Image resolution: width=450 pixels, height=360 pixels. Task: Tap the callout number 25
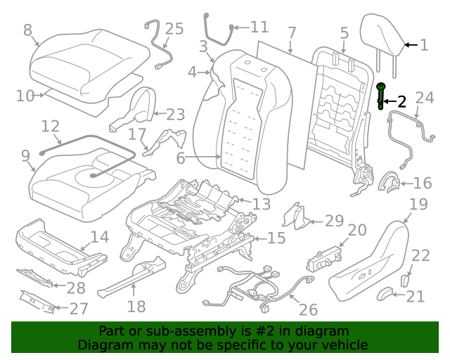174,29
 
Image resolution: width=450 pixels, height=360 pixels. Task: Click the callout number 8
27,30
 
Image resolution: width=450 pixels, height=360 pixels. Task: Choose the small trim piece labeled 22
406,280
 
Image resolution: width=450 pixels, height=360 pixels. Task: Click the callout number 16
422,184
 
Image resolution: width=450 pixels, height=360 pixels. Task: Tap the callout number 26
308,309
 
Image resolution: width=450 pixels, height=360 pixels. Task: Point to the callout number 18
136,306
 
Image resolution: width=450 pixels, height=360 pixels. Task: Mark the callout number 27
79,309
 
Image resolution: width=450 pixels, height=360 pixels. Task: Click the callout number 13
261,204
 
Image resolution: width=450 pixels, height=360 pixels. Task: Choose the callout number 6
181,158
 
